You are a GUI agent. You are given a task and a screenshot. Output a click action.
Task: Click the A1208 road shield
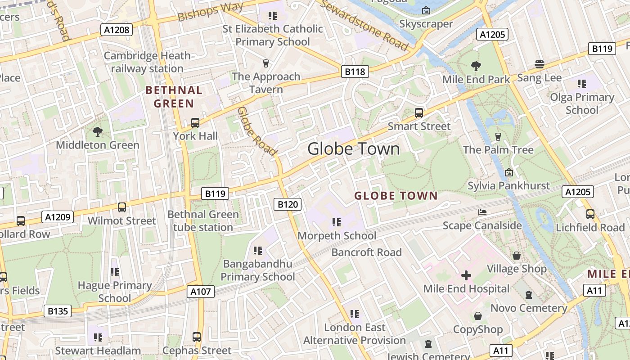click(x=116, y=30)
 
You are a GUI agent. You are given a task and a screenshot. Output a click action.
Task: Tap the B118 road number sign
click(x=355, y=71)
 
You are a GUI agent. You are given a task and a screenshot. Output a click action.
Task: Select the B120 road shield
click(x=288, y=204)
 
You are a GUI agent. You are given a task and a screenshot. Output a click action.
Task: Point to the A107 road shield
click(x=201, y=292)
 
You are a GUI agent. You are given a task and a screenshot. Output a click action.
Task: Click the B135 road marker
click(x=58, y=310)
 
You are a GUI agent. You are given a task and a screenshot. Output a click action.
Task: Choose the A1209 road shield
click(x=58, y=217)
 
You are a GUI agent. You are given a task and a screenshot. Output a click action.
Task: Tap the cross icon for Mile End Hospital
click(x=466, y=275)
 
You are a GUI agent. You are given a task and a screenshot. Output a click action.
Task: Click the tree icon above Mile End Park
click(x=476, y=66)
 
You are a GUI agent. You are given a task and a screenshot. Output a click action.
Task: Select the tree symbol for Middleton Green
click(x=97, y=131)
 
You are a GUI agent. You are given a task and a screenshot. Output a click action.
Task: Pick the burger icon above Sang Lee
click(x=539, y=64)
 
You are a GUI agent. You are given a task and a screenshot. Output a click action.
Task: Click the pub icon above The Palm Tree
click(x=498, y=136)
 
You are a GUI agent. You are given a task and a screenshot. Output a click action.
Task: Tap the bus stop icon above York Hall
click(x=195, y=122)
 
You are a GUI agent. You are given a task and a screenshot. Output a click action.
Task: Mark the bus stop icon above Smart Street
click(x=418, y=113)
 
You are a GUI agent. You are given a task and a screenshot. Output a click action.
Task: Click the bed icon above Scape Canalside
click(x=482, y=212)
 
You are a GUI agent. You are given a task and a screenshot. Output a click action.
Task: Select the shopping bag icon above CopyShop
click(x=477, y=316)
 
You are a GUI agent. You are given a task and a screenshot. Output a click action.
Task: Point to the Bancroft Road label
click(x=366, y=252)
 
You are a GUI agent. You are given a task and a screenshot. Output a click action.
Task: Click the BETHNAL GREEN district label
click(x=174, y=97)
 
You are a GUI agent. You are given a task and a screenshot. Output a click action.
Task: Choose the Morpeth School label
click(x=337, y=236)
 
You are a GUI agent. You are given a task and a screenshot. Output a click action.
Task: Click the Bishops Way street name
click(x=210, y=12)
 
